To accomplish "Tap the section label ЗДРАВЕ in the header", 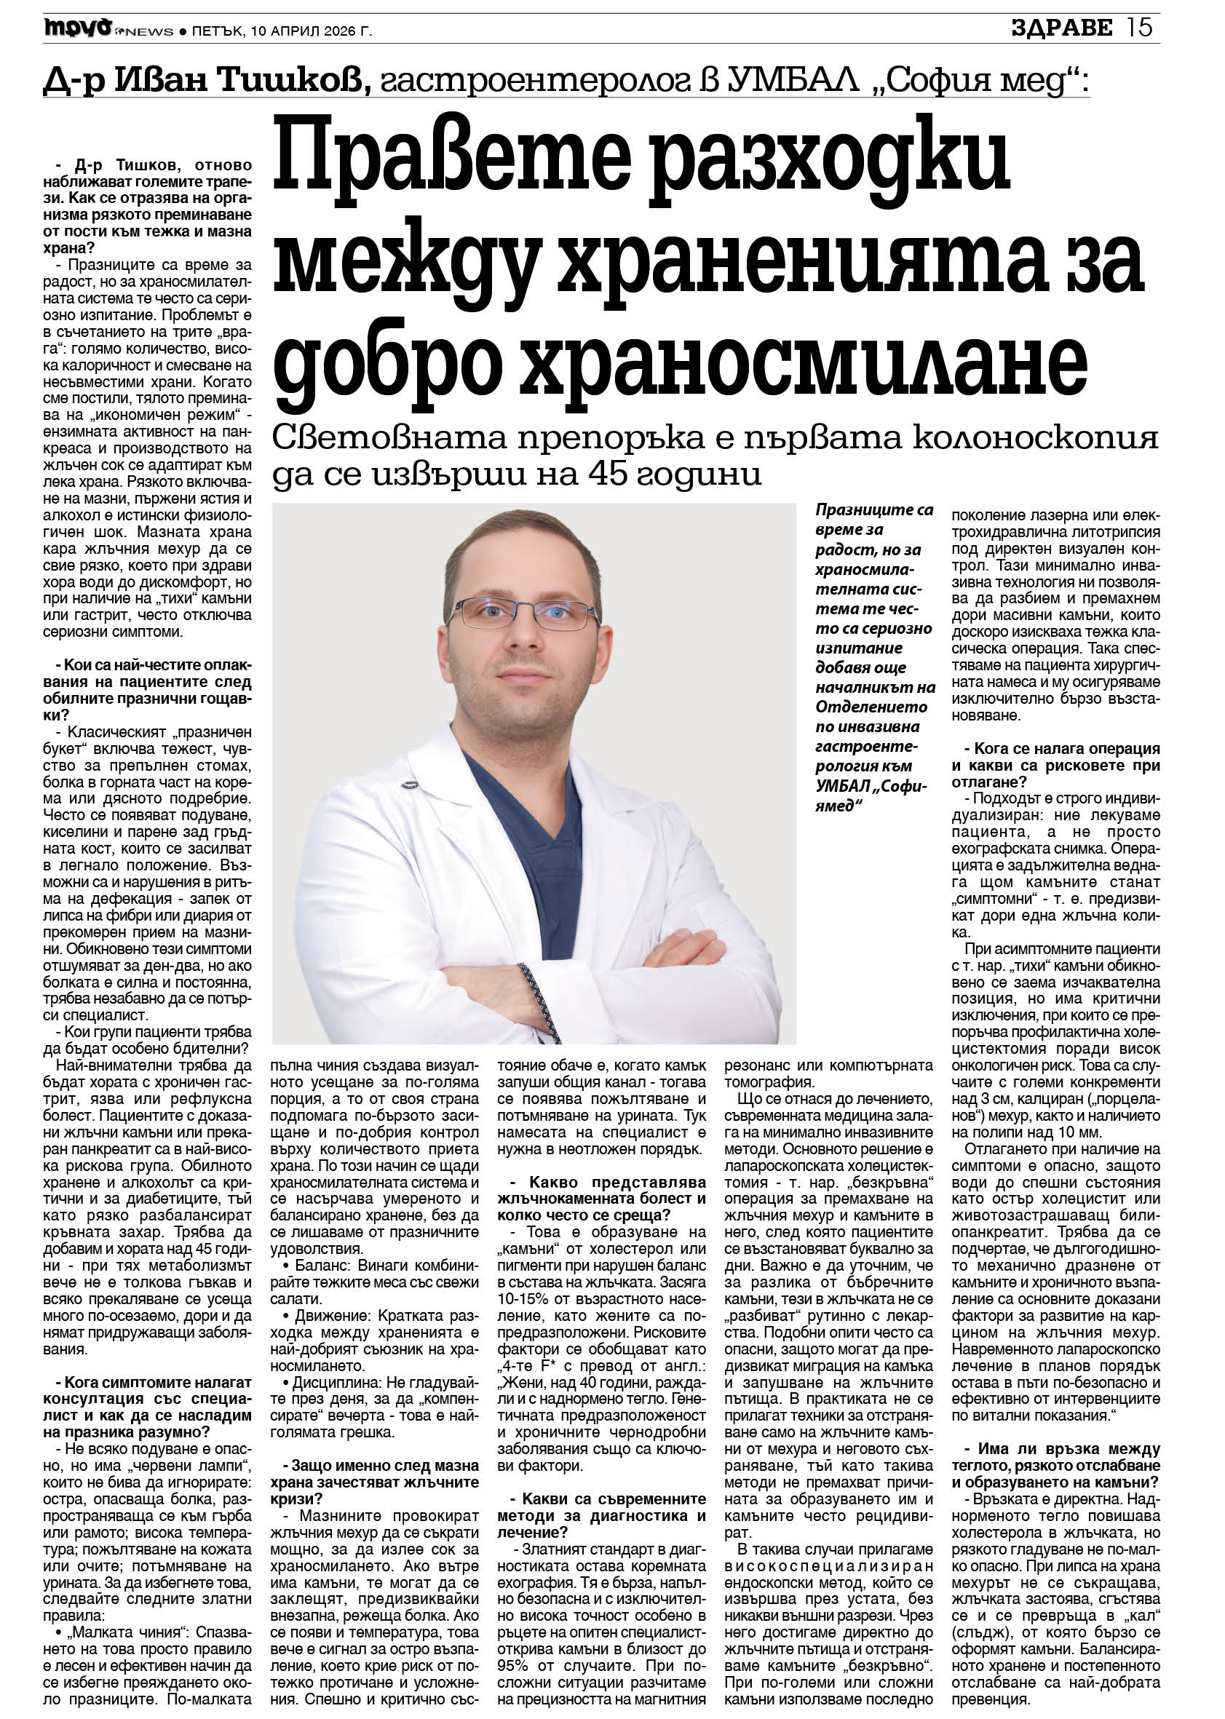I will (x=1062, y=28).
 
